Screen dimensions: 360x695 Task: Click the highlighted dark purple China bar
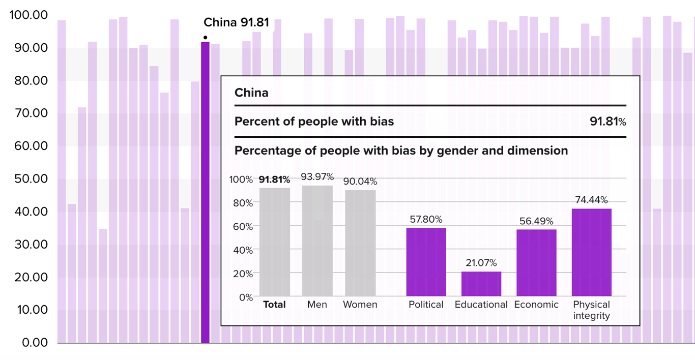205,193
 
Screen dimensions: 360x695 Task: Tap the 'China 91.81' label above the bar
236,22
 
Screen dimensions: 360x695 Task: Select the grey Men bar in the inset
317,241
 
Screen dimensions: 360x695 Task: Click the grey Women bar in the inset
360,243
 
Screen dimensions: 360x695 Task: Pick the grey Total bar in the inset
275,242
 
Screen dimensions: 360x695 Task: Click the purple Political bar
426,262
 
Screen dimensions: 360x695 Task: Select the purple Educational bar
481,284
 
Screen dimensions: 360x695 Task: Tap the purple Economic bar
536,262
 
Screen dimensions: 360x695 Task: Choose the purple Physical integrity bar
591,252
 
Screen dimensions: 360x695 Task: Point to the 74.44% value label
591,200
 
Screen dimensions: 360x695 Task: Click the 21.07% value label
481,263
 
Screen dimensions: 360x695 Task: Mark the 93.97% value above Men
317,177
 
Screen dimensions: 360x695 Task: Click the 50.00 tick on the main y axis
29,178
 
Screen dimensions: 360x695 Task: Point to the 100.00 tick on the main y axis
29,15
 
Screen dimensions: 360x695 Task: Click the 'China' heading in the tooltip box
251,93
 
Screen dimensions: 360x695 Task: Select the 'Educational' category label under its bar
481,305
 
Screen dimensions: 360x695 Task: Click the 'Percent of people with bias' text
314,122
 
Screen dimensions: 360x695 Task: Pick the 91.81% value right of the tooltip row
607,122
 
